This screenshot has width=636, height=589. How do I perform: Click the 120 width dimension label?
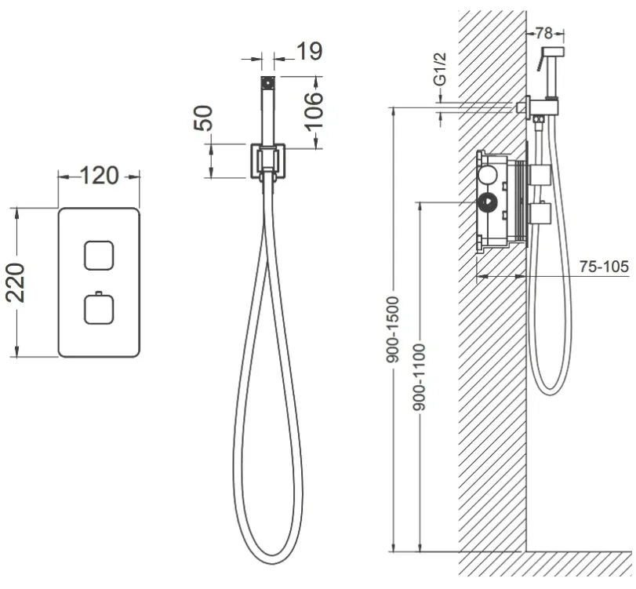[x=100, y=176]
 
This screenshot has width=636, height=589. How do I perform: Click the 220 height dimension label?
[x=16, y=283]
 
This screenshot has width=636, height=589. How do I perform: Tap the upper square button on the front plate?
[x=99, y=256]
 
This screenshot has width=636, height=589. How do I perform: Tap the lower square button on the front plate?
[x=99, y=310]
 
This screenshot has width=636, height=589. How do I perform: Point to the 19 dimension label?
[x=310, y=51]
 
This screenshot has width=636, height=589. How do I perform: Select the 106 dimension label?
[x=314, y=111]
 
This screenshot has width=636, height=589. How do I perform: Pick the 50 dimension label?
[x=203, y=118]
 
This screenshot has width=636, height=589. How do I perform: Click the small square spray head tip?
[x=267, y=83]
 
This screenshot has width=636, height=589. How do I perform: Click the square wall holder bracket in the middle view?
[x=267, y=161]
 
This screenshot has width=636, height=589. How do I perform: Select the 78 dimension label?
[x=544, y=33]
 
